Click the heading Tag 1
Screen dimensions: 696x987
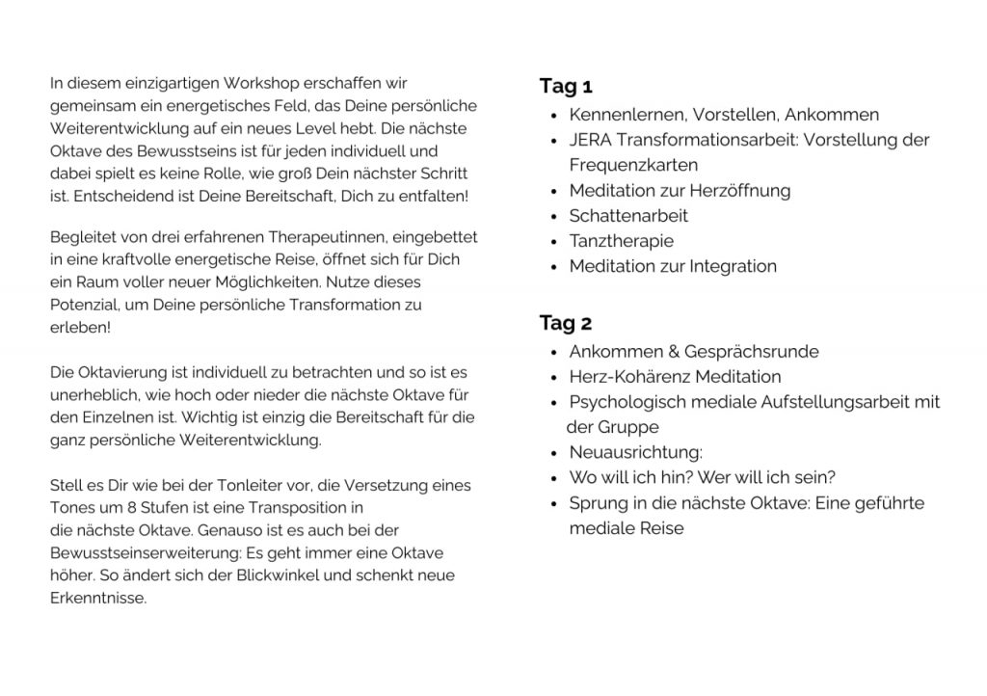(566, 87)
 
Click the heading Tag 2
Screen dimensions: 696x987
(566, 323)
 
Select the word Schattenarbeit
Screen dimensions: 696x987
(628, 216)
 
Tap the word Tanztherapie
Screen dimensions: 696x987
(621, 241)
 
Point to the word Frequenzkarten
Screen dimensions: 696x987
(633, 165)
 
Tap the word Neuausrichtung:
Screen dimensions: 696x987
(636, 452)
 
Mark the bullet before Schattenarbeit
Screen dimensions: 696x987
(553, 217)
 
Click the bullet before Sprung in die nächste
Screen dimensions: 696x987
(553, 503)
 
